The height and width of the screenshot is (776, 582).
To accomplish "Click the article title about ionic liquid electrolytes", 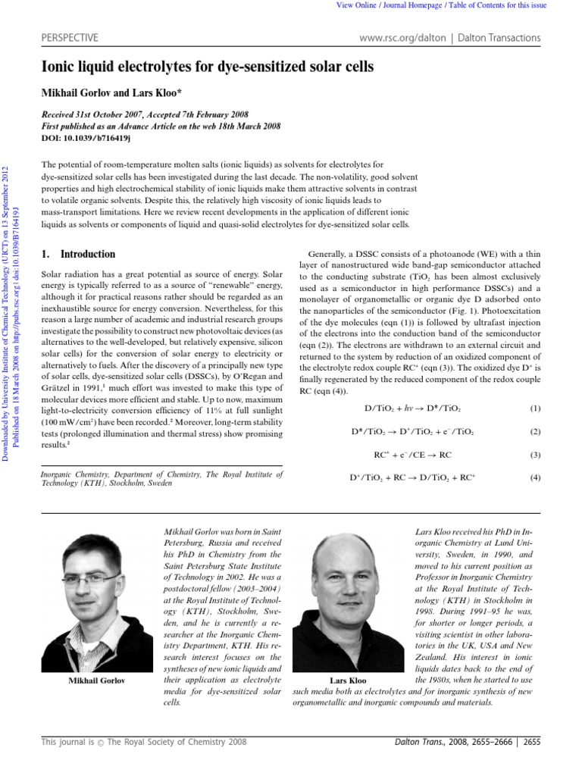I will coord(207,67).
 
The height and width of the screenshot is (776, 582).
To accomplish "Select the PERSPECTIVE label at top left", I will coord(69,36).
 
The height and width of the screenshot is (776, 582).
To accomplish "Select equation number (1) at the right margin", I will coord(535,408).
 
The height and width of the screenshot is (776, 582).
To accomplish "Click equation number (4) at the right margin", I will coord(535,478).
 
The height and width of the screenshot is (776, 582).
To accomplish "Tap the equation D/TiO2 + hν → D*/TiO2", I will coord(413,408).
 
